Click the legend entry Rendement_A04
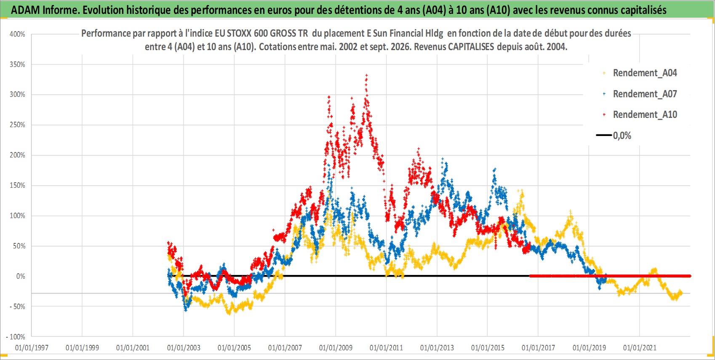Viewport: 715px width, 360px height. (645, 73)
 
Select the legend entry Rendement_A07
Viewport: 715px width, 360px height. (645, 94)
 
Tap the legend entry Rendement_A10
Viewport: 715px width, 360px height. (645, 115)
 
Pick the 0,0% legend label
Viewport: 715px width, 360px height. (622, 136)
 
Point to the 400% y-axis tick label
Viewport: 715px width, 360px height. (17, 35)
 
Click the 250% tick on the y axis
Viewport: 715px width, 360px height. (17, 125)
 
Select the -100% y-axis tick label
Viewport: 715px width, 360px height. (15, 337)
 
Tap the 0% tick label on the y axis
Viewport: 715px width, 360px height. (21, 276)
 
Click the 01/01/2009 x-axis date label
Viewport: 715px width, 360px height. (336, 348)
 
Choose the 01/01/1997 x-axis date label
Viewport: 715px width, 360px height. (32, 348)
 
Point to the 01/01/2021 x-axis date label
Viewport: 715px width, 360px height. (640, 348)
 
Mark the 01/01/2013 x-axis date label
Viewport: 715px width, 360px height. (437, 348)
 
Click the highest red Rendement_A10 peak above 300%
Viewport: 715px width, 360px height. (366, 75)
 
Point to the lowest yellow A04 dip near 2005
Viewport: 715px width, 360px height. (229, 314)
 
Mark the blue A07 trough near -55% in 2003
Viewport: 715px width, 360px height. (185, 309)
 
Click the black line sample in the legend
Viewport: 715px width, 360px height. (604, 135)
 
